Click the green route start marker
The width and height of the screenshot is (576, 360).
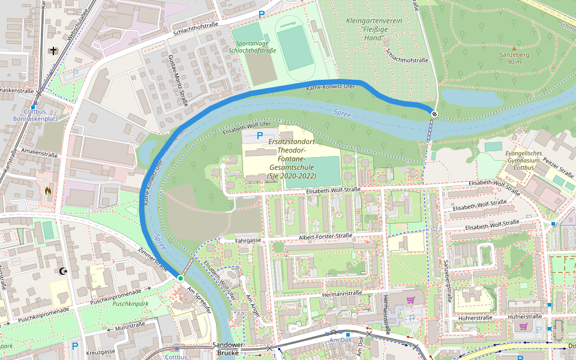(180, 278)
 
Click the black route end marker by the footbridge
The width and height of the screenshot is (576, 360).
(433, 113)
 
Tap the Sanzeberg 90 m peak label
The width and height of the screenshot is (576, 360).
(514, 58)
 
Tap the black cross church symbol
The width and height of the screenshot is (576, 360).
(54, 51)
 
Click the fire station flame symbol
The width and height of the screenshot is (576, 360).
(48, 191)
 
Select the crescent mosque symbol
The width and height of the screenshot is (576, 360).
(62, 271)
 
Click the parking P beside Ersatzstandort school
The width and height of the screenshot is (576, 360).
(259, 136)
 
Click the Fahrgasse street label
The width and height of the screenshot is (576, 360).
(248, 240)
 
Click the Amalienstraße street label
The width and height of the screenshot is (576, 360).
(38, 154)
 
